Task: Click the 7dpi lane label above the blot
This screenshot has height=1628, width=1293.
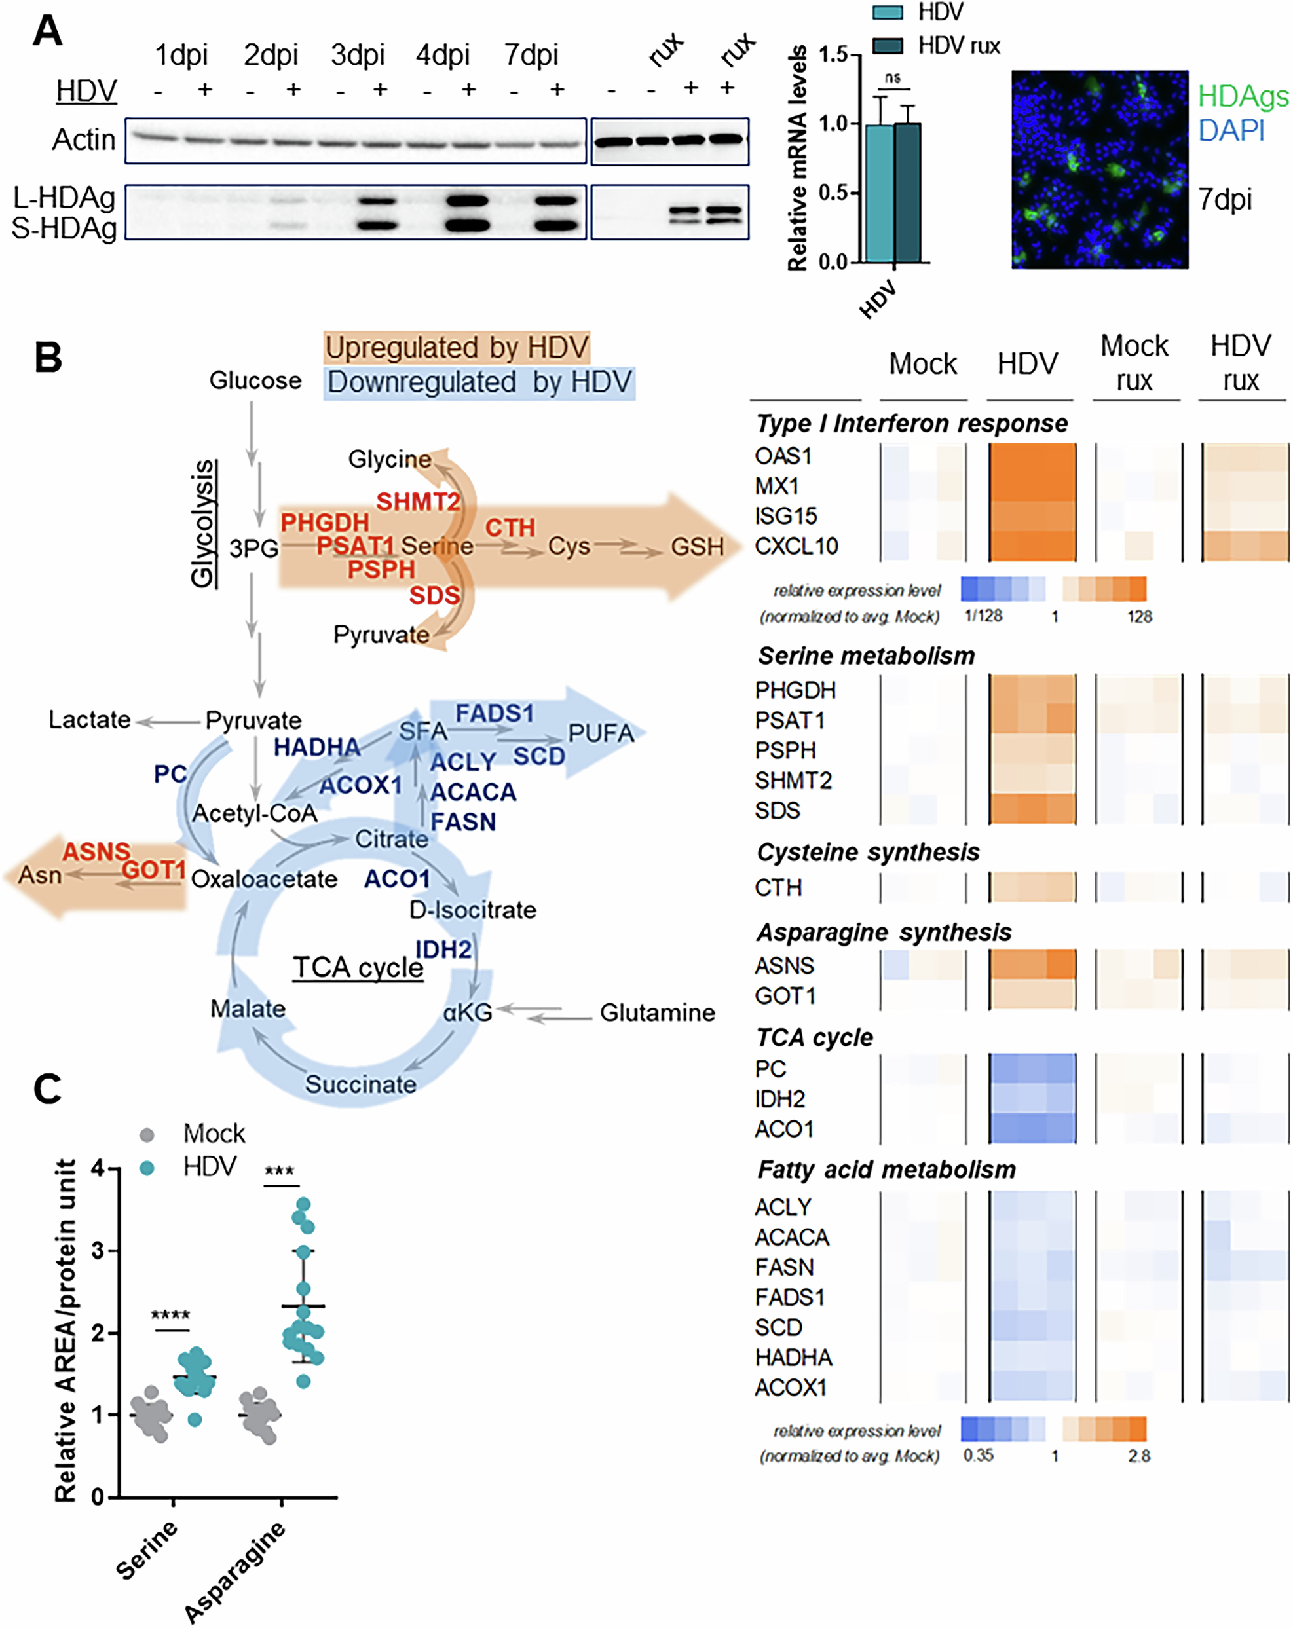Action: coord(532,55)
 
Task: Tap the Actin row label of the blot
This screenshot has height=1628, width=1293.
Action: coord(84,139)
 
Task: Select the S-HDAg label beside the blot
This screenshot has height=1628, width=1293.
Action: coord(64,228)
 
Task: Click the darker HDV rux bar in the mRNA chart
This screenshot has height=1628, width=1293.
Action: coord(907,193)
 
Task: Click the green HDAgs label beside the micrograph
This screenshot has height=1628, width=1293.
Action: coord(1243,97)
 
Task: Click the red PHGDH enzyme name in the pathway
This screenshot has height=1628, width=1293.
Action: coord(325,522)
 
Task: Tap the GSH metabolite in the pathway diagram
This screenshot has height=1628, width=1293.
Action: coord(697,546)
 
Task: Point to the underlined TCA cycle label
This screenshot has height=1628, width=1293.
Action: coord(358,967)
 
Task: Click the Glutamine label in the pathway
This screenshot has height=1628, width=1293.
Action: coord(657,1012)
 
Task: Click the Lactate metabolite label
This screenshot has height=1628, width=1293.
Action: coord(89,720)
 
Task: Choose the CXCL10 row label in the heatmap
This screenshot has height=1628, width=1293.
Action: coord(796,546)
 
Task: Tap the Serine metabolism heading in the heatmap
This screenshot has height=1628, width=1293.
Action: coord(867,656)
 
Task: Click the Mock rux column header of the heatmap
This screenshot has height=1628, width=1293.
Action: coord(1134,363)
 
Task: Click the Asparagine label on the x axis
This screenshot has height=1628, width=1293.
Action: coord(235,1572)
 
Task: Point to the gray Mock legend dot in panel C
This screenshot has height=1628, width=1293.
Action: coord(147,1135)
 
